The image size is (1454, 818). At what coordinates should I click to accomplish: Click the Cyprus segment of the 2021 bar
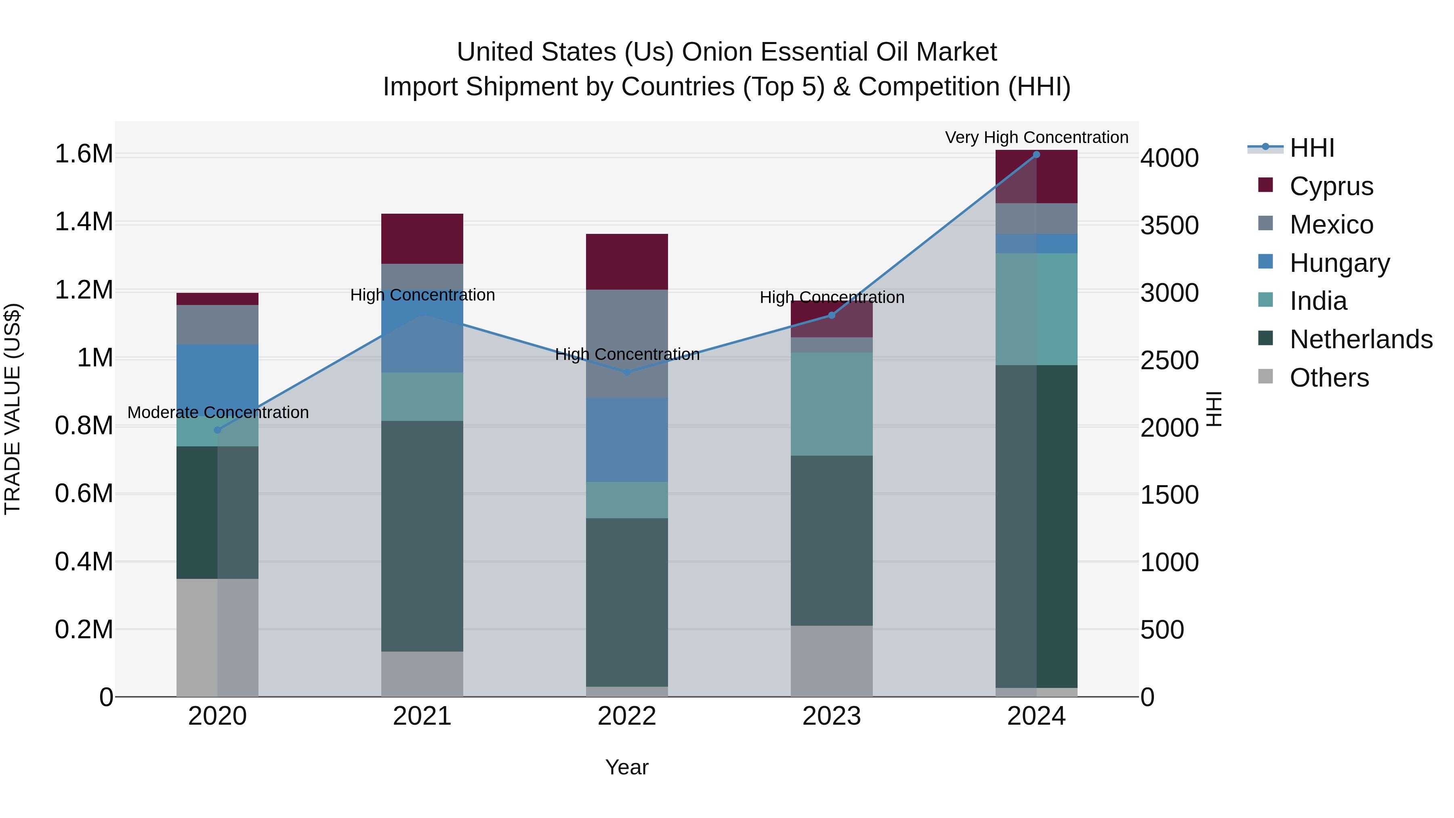point(422,239)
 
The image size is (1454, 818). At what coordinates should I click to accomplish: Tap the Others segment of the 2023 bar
point(832,660)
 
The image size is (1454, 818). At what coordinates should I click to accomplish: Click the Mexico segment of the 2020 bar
point(217,325)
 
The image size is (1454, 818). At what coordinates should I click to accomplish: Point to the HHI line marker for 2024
point(1036,155)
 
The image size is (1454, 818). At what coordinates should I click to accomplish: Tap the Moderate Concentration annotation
point(218,413)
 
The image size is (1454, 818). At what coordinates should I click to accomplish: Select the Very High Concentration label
point(1036,137)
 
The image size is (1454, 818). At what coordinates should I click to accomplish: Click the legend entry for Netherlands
point(1360,339)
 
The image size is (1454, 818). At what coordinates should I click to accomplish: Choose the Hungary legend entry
point(1339,263)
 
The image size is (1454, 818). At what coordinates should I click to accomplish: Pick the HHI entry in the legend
point(1311,148)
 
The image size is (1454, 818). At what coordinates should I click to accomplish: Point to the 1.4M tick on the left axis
point(84,222)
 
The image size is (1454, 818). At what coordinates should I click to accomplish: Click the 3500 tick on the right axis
point(1170,225)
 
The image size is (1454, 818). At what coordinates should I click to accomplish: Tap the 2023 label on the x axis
point(832,716)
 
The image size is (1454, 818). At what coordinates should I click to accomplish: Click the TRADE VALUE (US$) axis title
point(13,409)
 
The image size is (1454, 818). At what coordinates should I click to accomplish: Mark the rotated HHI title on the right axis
point(1214,409)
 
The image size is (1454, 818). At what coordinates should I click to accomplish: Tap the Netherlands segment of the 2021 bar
point(422,536)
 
